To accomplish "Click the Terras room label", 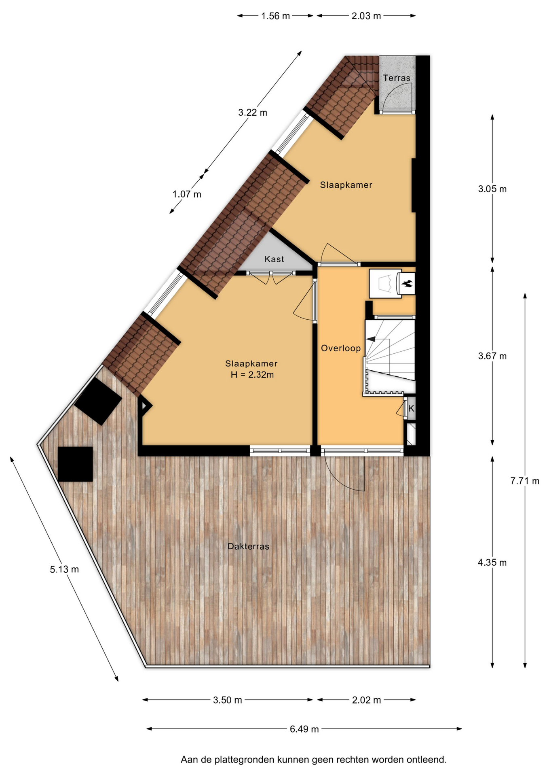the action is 396,78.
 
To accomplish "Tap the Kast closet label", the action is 274,259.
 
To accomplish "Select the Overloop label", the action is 341,348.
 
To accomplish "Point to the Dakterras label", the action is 248,546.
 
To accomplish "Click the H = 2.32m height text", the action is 252,375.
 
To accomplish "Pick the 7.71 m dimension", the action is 525,481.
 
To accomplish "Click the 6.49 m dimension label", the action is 304,729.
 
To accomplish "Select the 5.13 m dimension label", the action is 64,569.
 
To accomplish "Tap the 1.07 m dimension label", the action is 187,194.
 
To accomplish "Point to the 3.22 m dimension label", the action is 253,113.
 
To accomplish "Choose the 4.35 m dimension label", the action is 492,563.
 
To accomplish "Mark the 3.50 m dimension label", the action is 228,700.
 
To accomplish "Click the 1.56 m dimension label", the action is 275,16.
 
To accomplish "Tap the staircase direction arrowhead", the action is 370,339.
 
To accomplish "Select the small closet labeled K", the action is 411,408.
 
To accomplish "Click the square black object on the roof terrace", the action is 75,464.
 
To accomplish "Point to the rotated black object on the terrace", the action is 98,401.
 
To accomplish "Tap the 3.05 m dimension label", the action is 492,189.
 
